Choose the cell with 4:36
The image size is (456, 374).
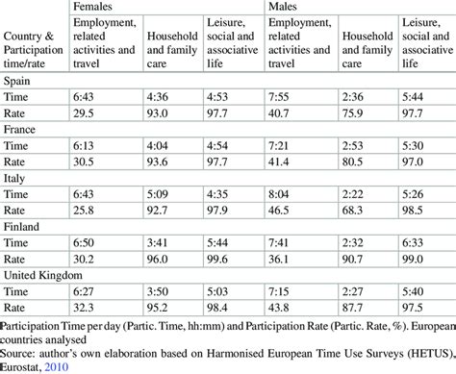coord(158,96)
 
